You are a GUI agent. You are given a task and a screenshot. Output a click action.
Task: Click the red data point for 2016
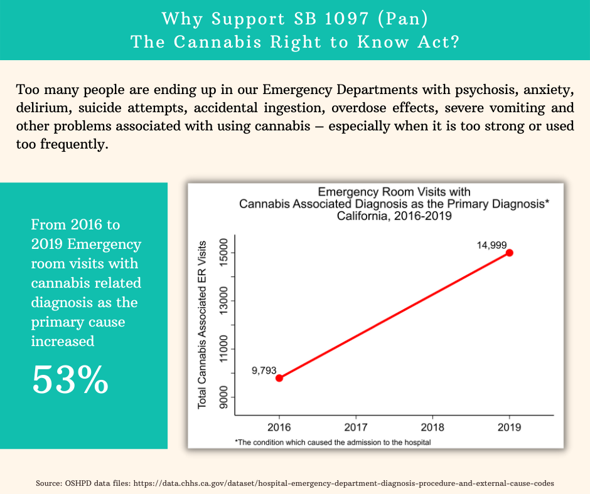coord(279,378)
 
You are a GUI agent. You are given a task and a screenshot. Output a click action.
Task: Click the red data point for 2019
coord(510,253)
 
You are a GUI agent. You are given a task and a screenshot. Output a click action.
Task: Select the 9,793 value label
coord(264,370)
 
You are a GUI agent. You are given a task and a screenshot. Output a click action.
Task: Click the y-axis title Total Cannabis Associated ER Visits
coord(202,325)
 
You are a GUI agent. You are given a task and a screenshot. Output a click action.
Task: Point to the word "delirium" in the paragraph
coord(41,107)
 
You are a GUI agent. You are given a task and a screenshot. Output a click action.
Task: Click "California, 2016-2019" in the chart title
coord(395,216)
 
